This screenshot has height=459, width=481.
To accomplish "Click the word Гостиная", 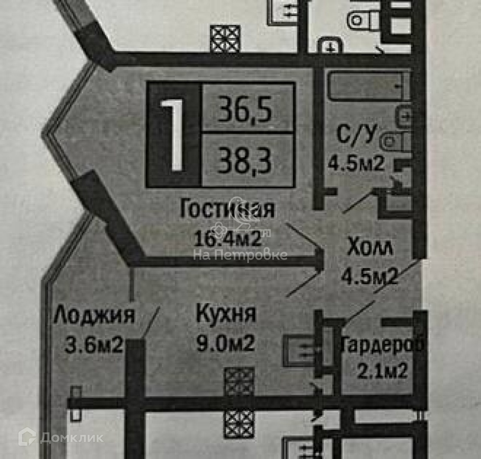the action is click(227, 209).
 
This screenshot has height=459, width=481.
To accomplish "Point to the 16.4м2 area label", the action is click(227, 237).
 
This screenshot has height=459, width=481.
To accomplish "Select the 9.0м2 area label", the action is click(226, 343).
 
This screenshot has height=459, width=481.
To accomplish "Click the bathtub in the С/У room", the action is click(366, 86).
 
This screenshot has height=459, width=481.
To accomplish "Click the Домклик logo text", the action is click(71, 438).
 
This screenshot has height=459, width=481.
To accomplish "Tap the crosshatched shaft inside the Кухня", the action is click(239, 382).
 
